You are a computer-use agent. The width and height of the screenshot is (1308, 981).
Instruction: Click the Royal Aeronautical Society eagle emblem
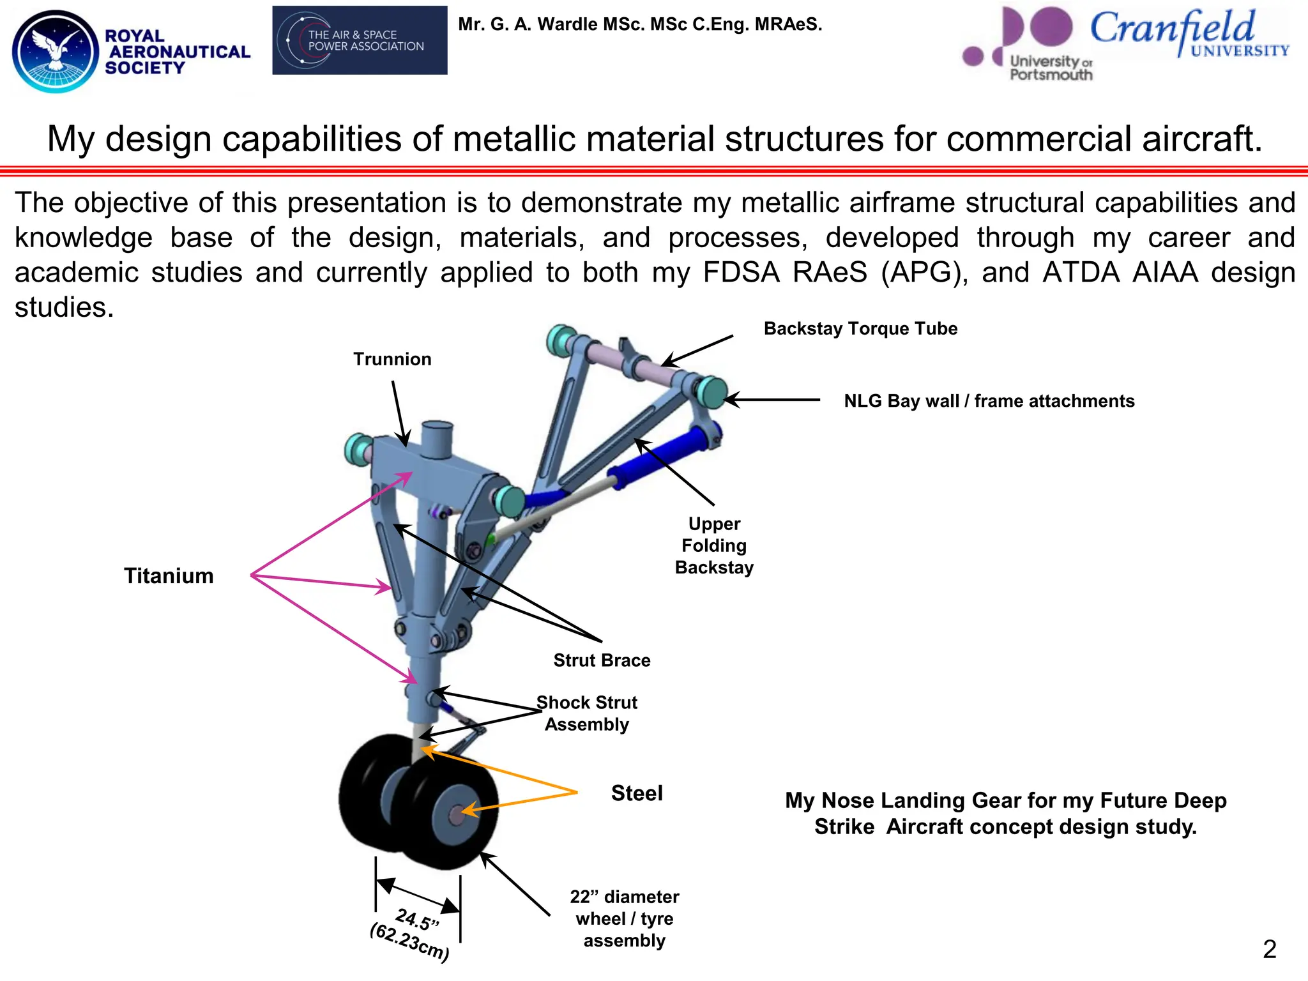[56, 51]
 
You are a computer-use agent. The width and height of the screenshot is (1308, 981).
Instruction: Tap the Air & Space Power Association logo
[360, 40]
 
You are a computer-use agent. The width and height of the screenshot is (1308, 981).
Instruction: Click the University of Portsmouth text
[1051, 68]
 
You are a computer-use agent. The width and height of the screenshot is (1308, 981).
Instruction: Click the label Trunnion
[392, 359]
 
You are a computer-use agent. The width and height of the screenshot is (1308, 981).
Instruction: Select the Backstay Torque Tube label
[860, 328]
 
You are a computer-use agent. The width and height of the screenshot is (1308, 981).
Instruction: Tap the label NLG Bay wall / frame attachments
[989, 401]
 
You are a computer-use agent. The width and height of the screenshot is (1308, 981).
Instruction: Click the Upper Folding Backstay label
[714, 545]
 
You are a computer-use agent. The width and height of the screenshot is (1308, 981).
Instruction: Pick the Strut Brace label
[602, 660]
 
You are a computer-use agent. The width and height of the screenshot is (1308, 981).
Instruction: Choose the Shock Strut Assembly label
[587, 713]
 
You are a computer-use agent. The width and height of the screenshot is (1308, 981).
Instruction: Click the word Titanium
[169, 576]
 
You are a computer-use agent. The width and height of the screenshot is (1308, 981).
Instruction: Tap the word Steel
[637, 793]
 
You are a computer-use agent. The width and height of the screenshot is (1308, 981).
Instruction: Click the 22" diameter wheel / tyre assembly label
[624, 918]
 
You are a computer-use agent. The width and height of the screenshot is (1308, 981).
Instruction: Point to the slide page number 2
[1269, 949]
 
